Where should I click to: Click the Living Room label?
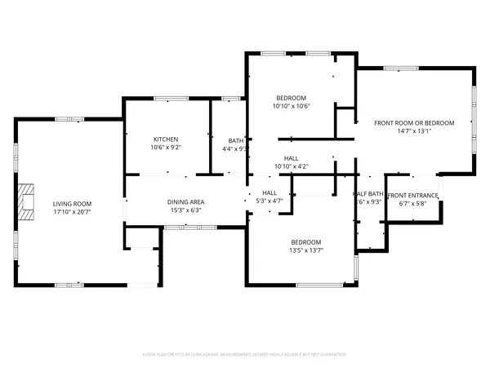pos(73,203)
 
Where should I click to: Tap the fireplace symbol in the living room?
pos(29,203)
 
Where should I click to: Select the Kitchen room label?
pos(165,139)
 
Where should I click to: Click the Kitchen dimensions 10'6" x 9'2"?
pos(165,148)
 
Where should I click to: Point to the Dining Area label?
pos(186,201)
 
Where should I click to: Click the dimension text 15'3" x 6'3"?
pos(186,210)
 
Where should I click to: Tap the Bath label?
pos(235,140)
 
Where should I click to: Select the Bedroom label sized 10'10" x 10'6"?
pos(291,97)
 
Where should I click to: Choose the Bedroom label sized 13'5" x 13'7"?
pos(306,242)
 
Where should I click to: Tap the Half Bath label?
pos(367,194)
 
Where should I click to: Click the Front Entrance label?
pos(412,195)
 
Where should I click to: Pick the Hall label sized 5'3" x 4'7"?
pos(269,192)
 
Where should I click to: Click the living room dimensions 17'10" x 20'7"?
pos(73,211)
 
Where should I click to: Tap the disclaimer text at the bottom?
pos(245,355)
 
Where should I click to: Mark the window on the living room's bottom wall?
pos(69,284)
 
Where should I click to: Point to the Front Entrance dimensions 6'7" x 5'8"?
pos(412,203)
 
